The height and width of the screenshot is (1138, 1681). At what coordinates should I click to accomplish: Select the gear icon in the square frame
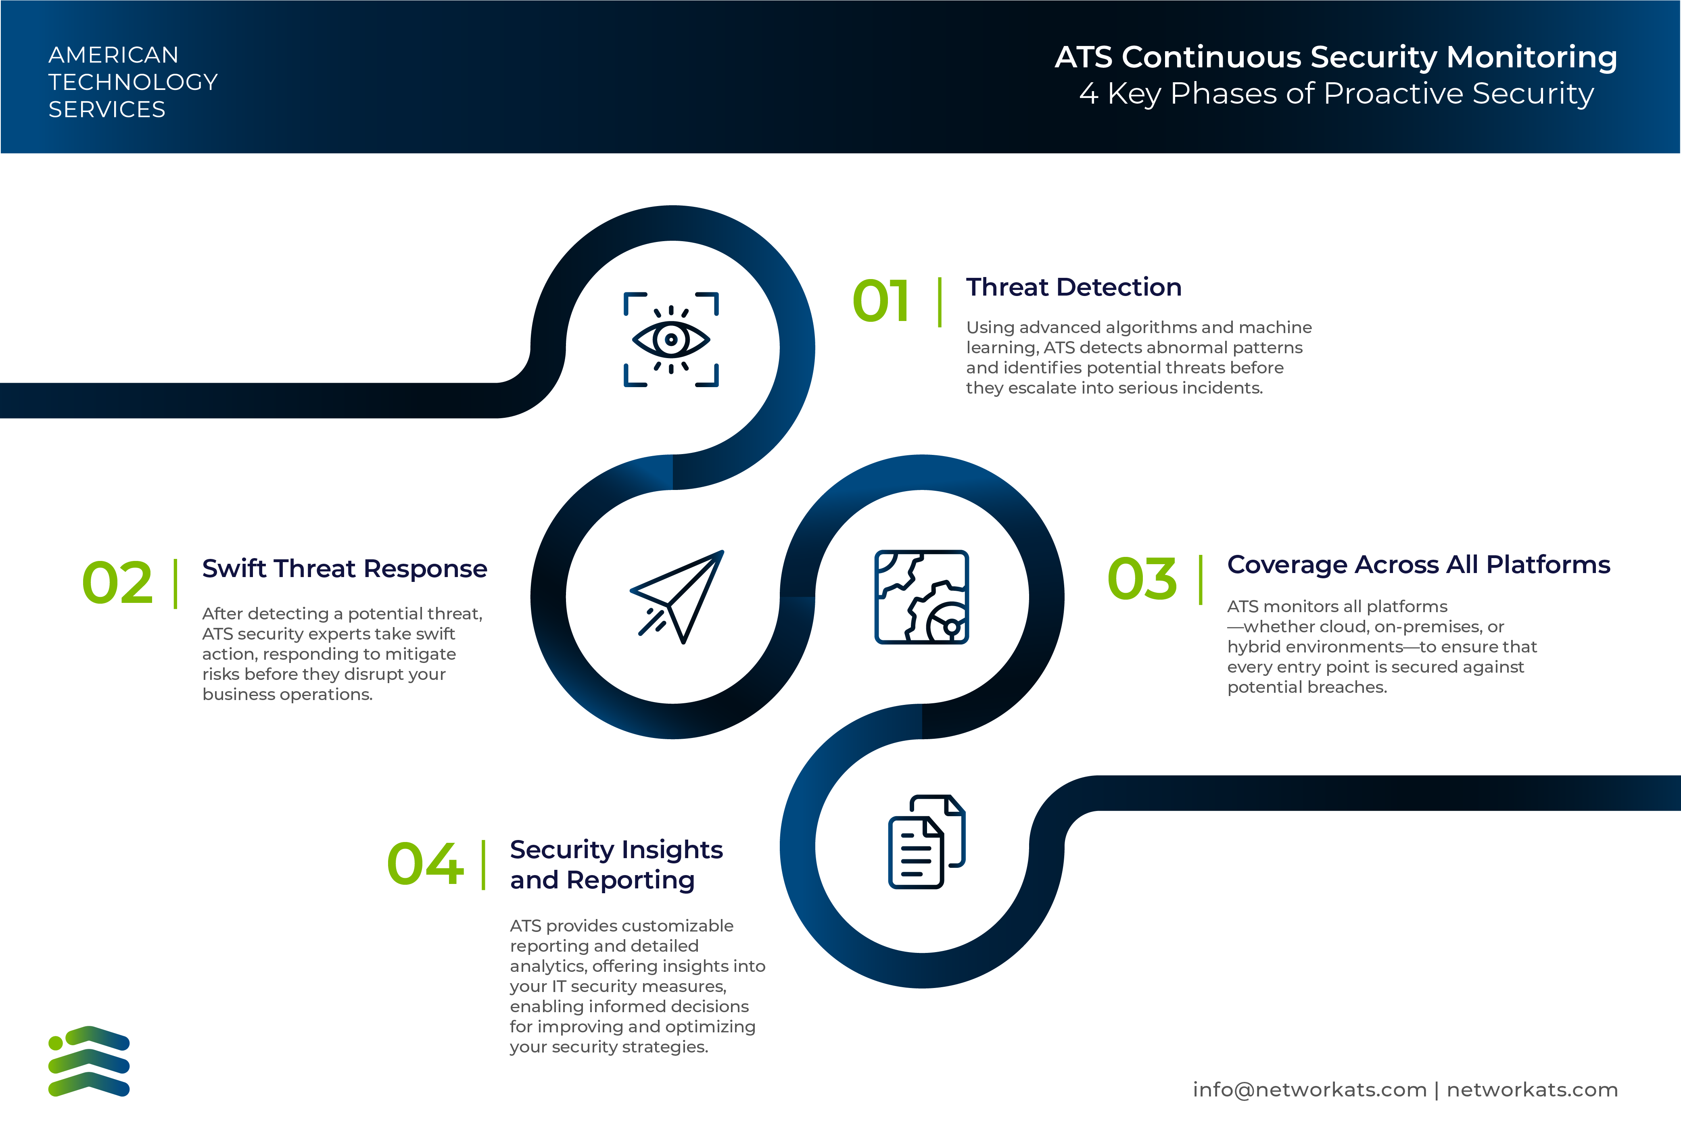point(921,597)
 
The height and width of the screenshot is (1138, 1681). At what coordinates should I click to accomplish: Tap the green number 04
point(425,864)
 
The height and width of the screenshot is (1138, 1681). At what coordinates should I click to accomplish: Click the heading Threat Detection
point(1073,287)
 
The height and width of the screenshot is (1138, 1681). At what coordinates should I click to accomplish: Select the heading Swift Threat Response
point(344,569)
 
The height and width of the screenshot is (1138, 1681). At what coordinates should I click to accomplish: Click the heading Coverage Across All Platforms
point(1418,565)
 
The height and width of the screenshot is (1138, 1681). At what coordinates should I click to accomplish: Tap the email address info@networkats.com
point(1309,1090)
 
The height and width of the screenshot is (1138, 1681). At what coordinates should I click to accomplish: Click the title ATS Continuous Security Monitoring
point(1335,57)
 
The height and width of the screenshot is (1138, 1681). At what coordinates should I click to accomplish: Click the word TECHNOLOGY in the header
point(133,82)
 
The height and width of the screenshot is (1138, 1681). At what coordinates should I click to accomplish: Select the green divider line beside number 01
point(940,302)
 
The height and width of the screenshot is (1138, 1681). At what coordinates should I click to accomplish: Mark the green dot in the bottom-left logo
point(56,1042)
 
